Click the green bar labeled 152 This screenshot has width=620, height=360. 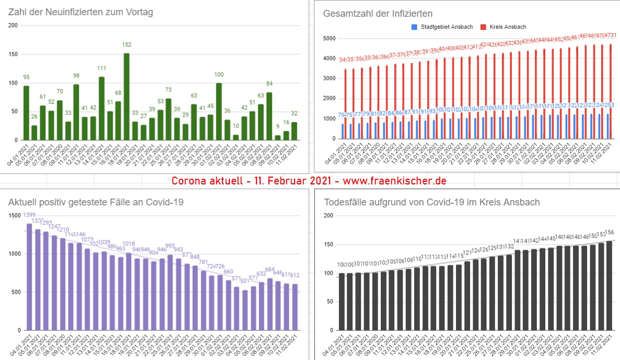[126, 97]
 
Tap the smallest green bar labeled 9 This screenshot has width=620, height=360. [277, 138]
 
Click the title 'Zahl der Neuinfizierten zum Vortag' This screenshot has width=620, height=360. [80, 12]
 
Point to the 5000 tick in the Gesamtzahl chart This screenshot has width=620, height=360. [328, 39]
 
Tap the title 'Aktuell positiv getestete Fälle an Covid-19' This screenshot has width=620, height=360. [96, 202]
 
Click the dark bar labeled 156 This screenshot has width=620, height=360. [609, 286]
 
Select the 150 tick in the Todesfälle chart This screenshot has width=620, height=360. [328, 245]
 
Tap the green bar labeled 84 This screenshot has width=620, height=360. [269, 116]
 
